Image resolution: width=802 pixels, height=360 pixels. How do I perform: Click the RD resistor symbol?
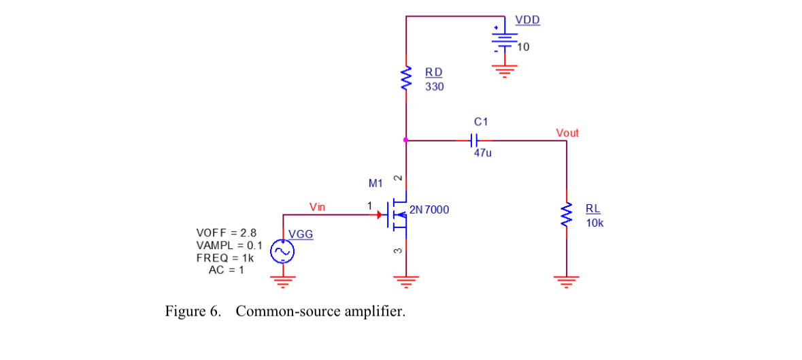point(406,78)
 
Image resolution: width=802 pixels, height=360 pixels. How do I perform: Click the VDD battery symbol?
point(504,39)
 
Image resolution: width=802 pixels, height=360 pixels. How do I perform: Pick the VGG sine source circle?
point(282,252)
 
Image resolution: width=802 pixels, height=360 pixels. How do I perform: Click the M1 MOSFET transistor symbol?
point(399,214)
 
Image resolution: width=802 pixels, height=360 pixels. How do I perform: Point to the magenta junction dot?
point(406,141)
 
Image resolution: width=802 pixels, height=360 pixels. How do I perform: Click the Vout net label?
point(567,133)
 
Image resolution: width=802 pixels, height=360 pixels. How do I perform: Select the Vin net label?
point(317,206)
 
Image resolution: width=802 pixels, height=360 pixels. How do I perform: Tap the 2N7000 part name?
point(429,210)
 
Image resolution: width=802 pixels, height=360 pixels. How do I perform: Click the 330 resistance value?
point(434,87)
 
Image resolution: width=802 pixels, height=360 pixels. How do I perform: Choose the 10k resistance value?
point(594,223)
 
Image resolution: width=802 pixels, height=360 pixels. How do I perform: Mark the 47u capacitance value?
point(482,154)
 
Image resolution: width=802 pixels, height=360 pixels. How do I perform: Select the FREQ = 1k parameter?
point(224,258)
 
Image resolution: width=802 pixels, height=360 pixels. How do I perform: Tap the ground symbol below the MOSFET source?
point(406,279)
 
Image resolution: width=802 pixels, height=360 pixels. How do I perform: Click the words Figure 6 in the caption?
point(193,312)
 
